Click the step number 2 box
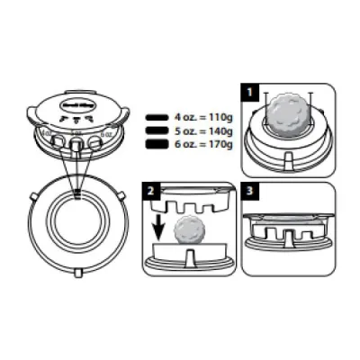(152, 191)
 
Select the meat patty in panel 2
(190, 230)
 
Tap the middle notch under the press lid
(77, 144)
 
